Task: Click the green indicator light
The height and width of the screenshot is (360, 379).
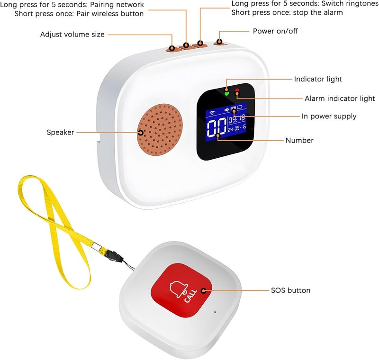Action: pyautogui.click(x=226, y=93)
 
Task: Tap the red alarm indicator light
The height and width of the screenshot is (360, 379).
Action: pyautogui.click(x=237, y=91)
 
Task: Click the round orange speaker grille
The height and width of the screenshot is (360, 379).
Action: pyautogui.click(x=160, y=129)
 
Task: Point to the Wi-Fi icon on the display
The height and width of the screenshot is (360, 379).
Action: pyautogui.click(x=212, y=113)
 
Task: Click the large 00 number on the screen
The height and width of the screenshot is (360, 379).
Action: pyautogui.click(x=217, y=128)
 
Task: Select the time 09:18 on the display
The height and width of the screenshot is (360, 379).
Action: pyautogui.click(x=236, y=118)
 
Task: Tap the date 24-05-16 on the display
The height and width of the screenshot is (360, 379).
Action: pyautogui.click(x=237, y=127)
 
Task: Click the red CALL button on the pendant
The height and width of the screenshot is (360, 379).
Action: pyautogui.click(x=181, y=290)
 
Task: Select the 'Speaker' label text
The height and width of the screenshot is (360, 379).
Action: pyautogui.click(x=60, y=133)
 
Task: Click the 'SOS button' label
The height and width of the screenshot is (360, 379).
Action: pyautogui.click(x=290, y=290)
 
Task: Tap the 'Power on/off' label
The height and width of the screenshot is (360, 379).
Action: pyautogui.click(x=275, y=31)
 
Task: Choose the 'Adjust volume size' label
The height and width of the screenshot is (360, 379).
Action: pyautogui.click(x=72, y=35)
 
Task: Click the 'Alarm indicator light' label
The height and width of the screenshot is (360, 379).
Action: pyautogui.click(x=340, y=99)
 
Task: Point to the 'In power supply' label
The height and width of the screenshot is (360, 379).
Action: pyautogui.click(x=329, y=117)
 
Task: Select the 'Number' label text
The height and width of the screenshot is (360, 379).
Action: pyautogui.click(x=299, y=140)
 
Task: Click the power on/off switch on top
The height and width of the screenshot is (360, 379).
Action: pyautogui.click(x=220, y=43)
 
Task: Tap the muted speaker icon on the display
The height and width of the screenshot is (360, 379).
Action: pyautogui.click(x=227, y=110)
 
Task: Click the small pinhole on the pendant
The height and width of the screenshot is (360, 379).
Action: pyautogui.click(x=215, y=312)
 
